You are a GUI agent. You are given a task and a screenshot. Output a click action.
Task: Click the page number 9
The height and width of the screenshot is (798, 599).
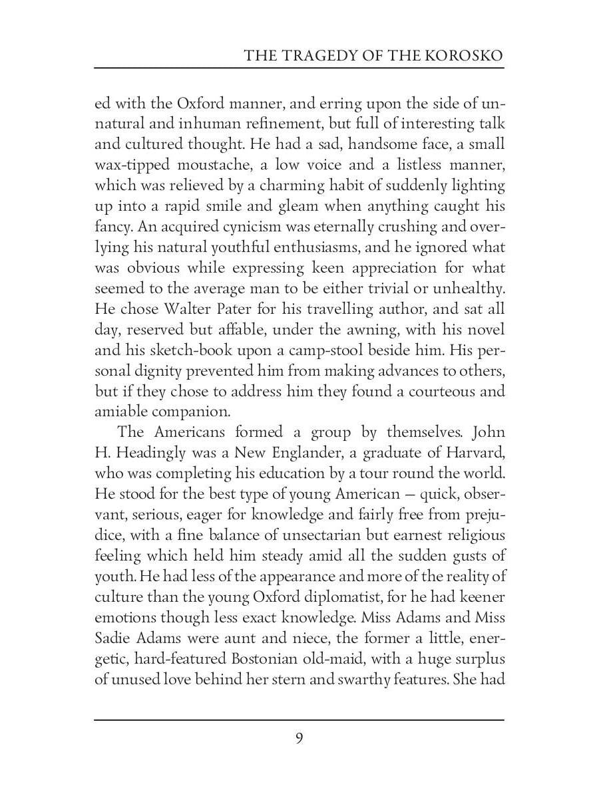(299, 738)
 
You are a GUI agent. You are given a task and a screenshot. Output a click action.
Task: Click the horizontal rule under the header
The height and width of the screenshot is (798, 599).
(299, 68)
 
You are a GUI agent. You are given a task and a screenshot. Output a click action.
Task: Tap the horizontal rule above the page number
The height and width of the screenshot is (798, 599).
(299, 720)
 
